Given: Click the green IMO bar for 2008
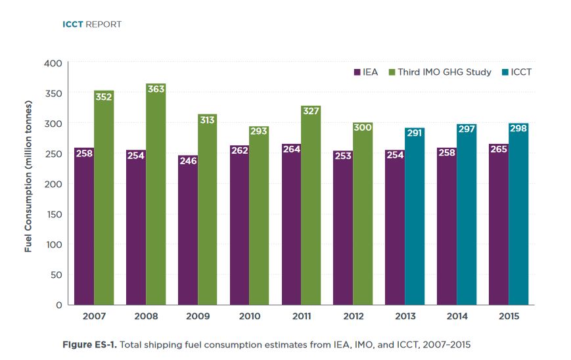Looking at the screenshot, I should pyautogui.click(x=156, y=197).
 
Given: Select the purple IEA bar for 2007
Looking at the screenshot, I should pyautogui.click(x=84, y=230).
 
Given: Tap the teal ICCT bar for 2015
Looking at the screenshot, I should pyautogui.click(x=518, y=217).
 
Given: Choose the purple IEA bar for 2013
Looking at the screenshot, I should pyautogui.click(x=395, y=230).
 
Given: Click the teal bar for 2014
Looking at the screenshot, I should pyautogui.click(x=467, y=217).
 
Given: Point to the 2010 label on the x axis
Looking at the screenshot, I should pyautogui.click(x=250, y=316).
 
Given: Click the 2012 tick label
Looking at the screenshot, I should pyautogui.click(x=353, y=316).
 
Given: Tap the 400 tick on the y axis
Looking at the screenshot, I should pyautogui.click(x=53, y=63).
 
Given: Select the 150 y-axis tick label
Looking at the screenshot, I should pyautogui.click(x=53, y=214).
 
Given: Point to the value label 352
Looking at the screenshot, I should pyautogui.click(x=104, y=97).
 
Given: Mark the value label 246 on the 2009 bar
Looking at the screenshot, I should pyautogui.click(x=187, y=160).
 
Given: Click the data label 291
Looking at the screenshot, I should pyautogui.click(x=415, y=134).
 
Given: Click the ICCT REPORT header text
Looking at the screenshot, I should pyautogui.click(x=92, y=24).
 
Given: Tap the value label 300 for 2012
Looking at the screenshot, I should pyautogui.click(x=363, y=127).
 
